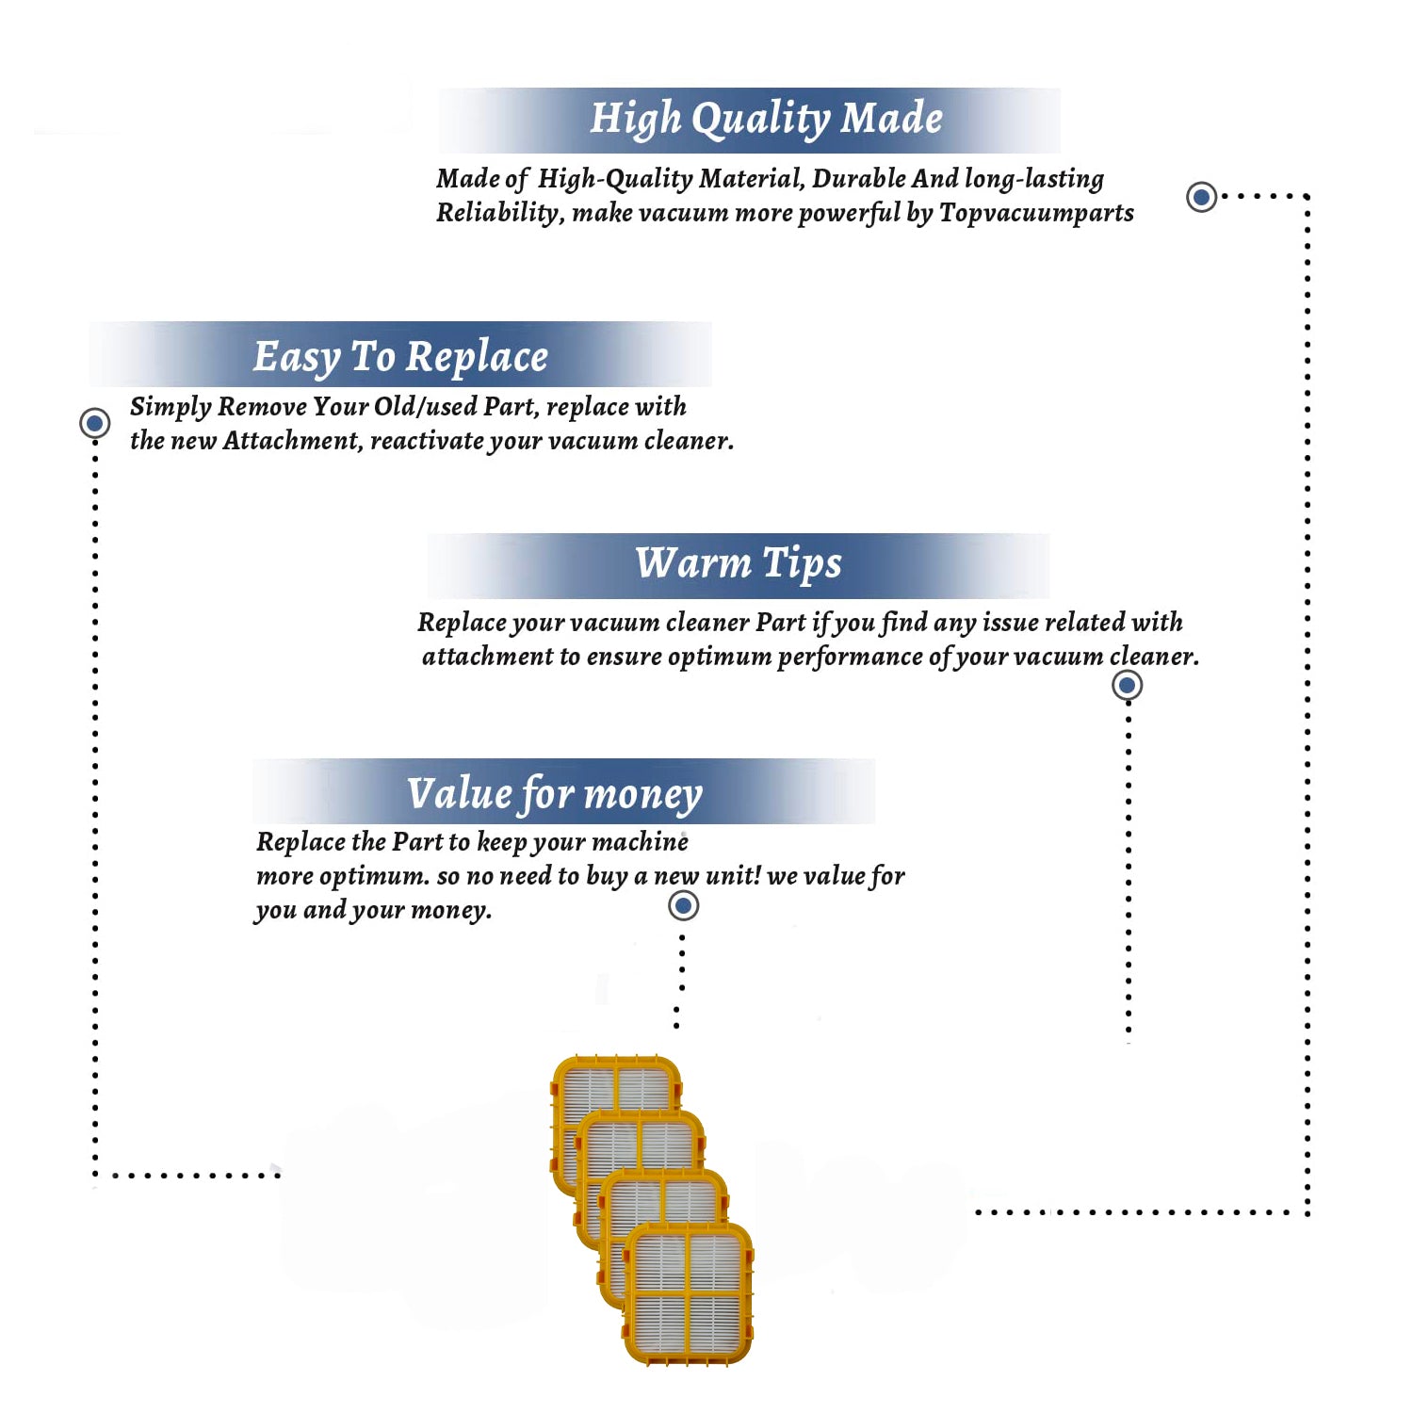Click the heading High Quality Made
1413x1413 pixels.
click(766, 120)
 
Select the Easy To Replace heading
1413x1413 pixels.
click(400, 357)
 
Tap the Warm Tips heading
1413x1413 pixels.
click(739, 563)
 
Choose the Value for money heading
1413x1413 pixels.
click(555, 794)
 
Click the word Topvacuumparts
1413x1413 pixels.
click(1036, 214)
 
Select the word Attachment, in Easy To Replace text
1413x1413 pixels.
click(293, 441)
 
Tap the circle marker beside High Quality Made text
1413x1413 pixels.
click(1201, 197)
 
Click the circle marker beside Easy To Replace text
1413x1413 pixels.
click(94, 423)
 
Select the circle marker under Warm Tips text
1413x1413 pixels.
click(1127, 685)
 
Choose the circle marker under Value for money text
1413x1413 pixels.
click(683, 906)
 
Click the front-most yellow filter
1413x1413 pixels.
click(689, 1293)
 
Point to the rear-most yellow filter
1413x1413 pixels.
click(615, 1083)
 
